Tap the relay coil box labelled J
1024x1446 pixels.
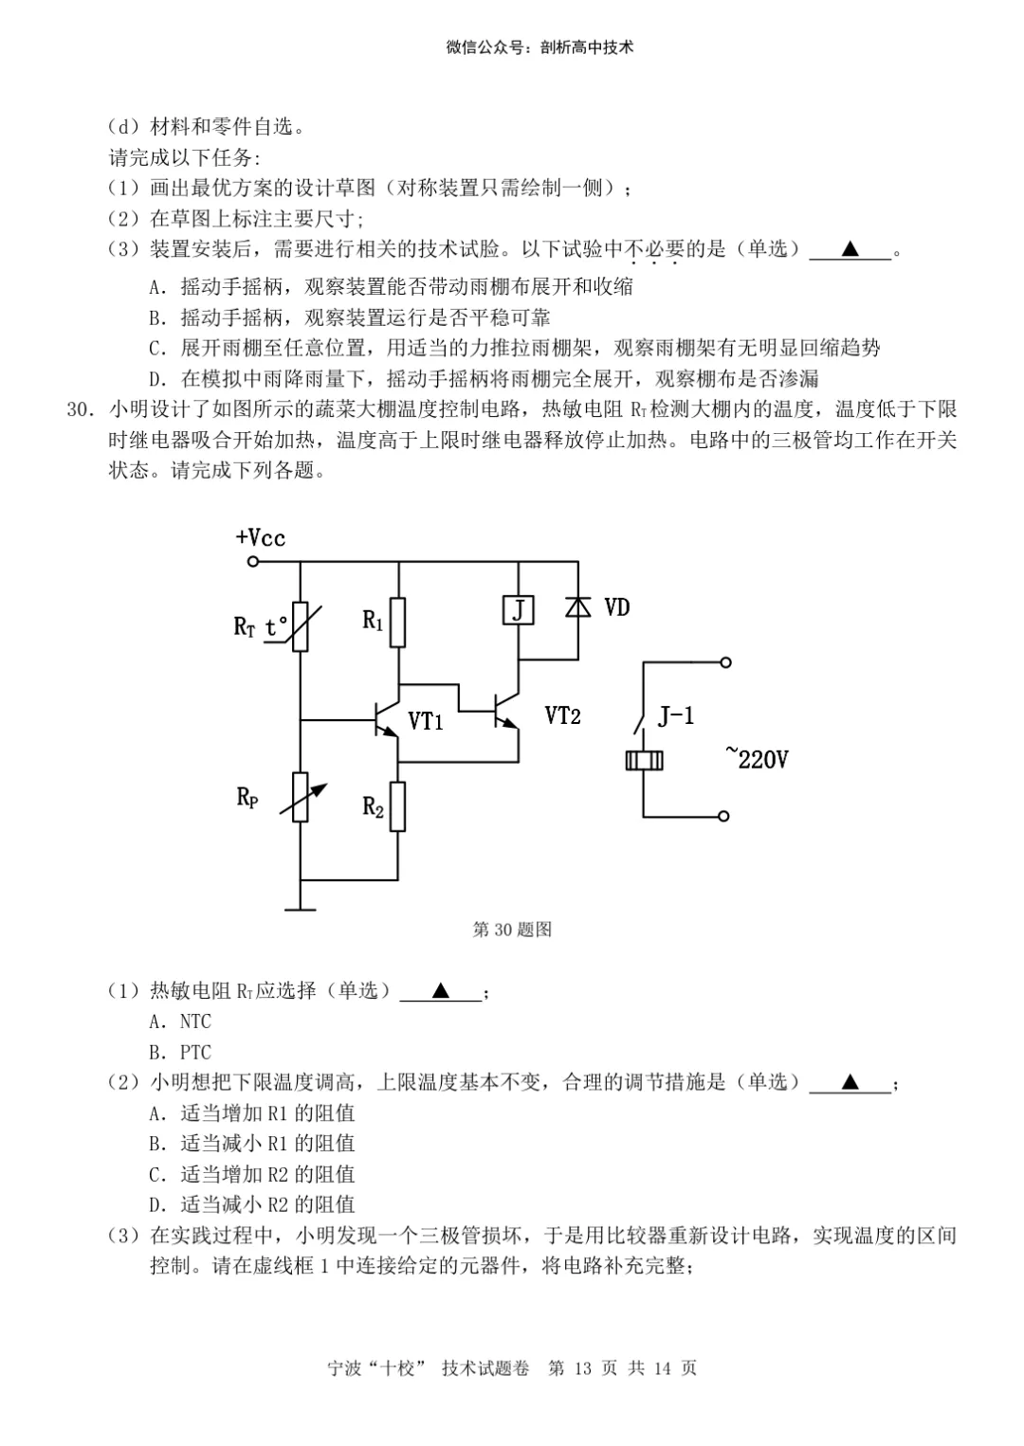tap(518, 609)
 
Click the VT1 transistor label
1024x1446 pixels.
tap(426, 721)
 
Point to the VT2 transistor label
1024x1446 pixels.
tap(562, 715)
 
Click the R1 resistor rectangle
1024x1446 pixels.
tap(398, 623)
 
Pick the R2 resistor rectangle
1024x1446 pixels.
tap(398, 806)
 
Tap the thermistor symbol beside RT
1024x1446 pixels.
tap(301, 626)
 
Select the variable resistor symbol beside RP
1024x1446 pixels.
tap(301, 797)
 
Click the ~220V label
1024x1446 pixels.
tap(758, 758)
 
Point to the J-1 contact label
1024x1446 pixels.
tap(676, 715)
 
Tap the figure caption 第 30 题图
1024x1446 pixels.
tap(512, 930)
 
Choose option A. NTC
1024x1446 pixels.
tap(180, 1021)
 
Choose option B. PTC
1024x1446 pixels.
tap(180, 1052)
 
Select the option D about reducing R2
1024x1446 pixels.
tap(252, 1204)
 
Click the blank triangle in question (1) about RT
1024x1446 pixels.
tap(441, 991)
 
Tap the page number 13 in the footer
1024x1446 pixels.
tap(582, 1368)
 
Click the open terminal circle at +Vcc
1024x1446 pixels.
tap(253, 562)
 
